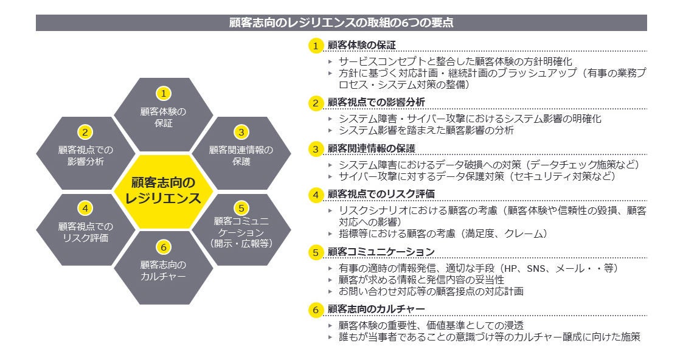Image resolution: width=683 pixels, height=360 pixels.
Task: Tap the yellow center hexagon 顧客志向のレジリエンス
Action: coord(162,191)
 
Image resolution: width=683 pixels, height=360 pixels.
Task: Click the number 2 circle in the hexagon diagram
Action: coord(86,131)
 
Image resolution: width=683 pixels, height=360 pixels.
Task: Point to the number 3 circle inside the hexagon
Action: coord(241,131)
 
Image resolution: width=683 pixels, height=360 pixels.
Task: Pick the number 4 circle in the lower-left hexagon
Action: coord(86,208)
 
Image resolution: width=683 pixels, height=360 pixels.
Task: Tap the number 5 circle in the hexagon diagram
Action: coord(241,207)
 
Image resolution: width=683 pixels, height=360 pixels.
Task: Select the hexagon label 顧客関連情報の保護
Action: coord(241,156)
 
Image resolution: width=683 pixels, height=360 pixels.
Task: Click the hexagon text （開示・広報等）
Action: coord(241,243)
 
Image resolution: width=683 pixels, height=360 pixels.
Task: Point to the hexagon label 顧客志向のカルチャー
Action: coord(163,271)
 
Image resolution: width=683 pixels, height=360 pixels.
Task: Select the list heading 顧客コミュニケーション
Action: coord(381,252)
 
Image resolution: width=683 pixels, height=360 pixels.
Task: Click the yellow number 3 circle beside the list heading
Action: coord(315,149)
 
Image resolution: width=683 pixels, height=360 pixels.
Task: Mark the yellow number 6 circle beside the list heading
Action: coord(315,310)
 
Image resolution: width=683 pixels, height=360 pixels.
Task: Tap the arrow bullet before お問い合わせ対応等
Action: coord(330,291)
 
